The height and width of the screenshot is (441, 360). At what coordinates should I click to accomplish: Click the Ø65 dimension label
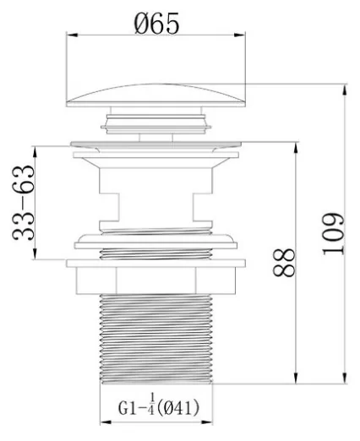pos(156,24)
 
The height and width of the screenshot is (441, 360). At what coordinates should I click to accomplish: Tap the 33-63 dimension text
pos(23,203)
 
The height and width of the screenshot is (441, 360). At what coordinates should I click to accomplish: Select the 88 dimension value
pos(284,263)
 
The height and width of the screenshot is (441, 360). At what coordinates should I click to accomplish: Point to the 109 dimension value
pos(333,234)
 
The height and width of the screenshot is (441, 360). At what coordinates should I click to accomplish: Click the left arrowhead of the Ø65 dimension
pos(72,35)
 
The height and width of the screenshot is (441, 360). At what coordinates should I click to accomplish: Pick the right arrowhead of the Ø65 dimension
pos(240,35)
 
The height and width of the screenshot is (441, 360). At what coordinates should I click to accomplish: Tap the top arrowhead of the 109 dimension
pos(344,90)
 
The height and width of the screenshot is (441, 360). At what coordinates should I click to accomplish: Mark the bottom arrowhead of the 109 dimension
pos(344,378)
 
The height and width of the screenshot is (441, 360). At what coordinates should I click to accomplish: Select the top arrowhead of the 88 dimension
pos(296,148)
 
